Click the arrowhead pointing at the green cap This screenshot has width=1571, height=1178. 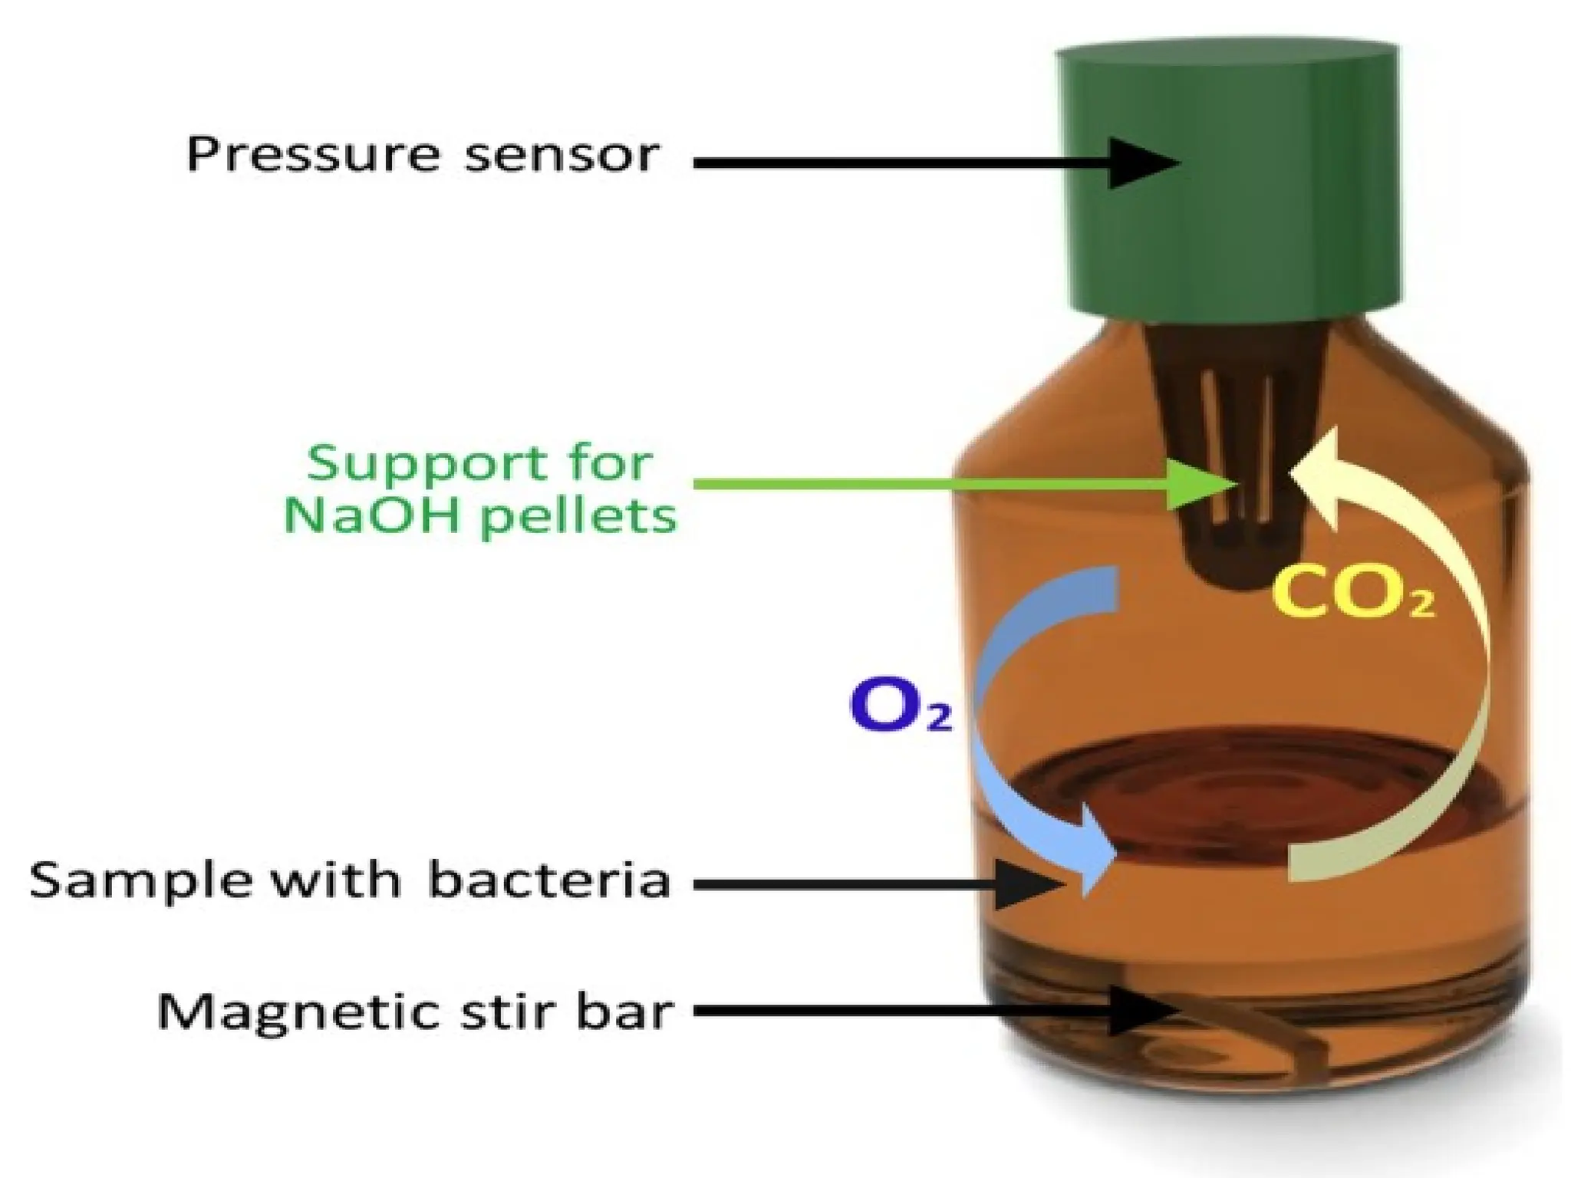tap(1143, 163)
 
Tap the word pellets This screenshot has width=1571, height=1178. tap(579, 517)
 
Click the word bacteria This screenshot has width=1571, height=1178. tap(548, 880)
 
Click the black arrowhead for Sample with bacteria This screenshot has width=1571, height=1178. tap(1032, 884)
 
